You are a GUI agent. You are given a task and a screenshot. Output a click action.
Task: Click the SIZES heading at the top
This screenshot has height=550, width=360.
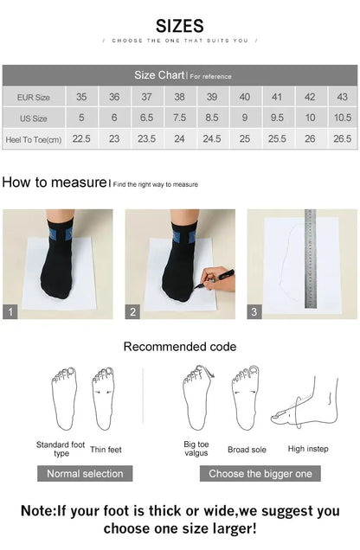tap(180, 25)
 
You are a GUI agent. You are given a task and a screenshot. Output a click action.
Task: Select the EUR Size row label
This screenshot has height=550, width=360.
tap(33, 98)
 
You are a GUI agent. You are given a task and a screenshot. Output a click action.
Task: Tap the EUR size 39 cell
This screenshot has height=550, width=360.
tap(212, 98)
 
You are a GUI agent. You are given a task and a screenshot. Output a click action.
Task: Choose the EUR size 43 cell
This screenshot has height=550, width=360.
tap(343, 98)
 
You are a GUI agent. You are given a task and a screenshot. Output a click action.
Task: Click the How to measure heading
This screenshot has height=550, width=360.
tap(54, 182)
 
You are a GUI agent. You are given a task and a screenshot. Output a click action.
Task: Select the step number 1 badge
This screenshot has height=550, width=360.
tap(10, 312)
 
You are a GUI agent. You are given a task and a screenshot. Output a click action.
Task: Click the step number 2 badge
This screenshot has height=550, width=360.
tap(133, 312)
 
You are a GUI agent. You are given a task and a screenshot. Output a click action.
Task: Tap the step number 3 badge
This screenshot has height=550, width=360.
tap(254, 312)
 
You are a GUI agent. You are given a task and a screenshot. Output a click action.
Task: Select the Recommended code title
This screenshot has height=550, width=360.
tap(179, 347)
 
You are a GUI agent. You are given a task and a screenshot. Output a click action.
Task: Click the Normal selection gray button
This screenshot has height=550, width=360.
tap(85, 473)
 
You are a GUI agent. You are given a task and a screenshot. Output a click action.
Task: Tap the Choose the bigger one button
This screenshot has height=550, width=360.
tap(260, 473)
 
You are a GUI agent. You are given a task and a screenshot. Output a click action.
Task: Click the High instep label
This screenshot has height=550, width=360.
tap(308, 449)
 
